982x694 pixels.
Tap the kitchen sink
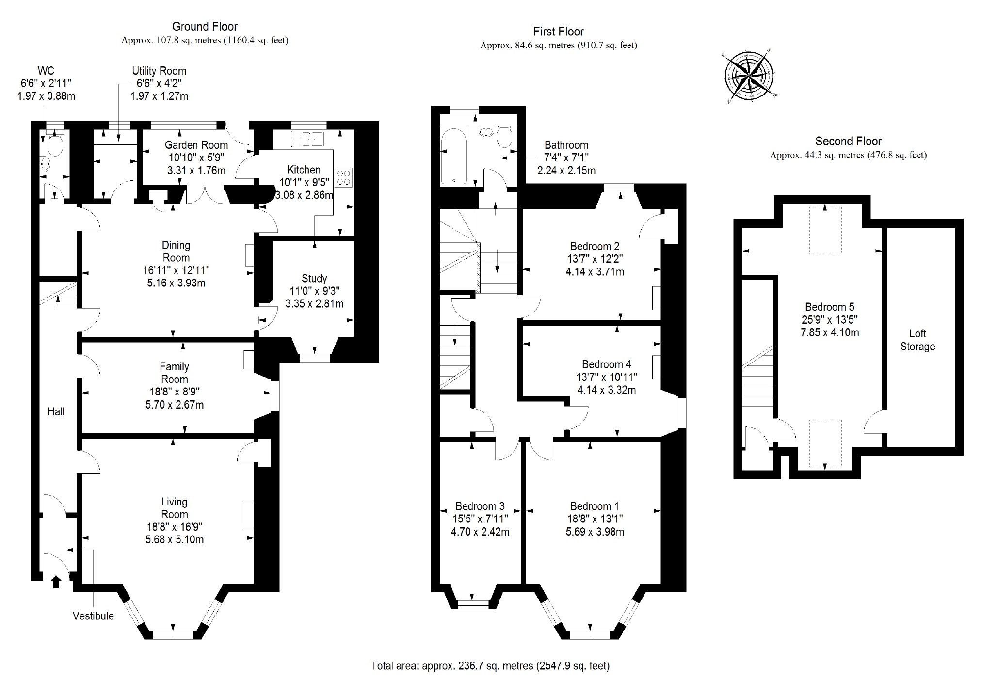pos(307,139)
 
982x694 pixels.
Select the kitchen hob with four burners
pos(344,177)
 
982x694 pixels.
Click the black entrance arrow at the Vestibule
pos(56,581)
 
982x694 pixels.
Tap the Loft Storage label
pos(917,340)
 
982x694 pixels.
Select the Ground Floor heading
pos(205,27)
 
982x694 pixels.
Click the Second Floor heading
pos(848,142)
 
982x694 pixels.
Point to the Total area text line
pos(490,666)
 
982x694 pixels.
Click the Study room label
pos(314,279)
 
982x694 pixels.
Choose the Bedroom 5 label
pos(830,307)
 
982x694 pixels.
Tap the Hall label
pos(56,412)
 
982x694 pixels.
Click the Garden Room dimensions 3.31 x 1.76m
pos(196,170)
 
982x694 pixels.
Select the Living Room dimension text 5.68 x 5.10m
pos(175,539)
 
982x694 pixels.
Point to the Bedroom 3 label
pos(480,506)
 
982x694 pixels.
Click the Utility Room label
pos(159,71)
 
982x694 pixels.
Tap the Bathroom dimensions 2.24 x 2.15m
pos(566,170)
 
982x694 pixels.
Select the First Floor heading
pos(558,32)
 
